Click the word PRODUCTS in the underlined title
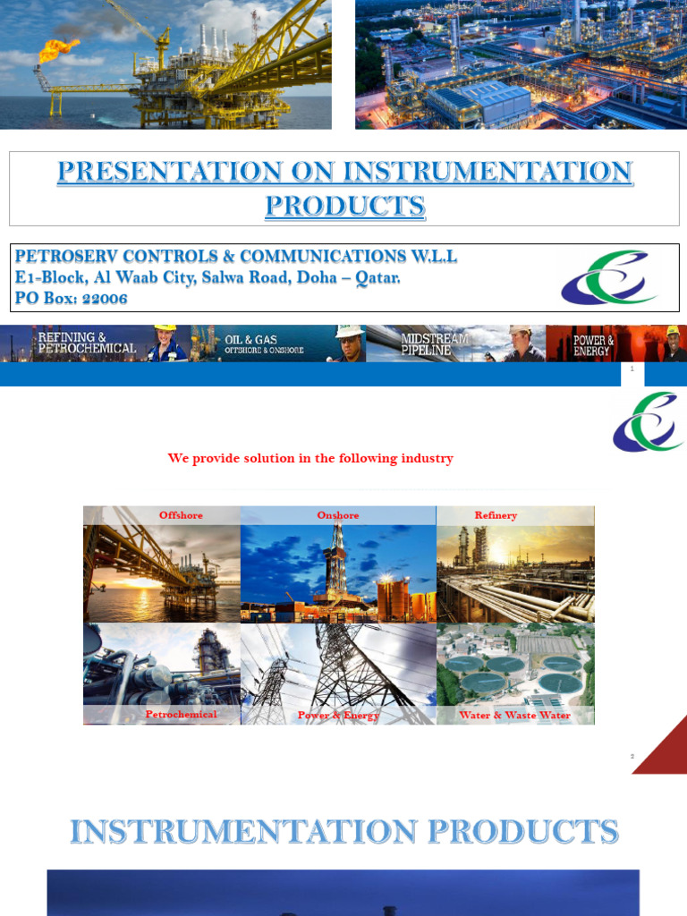344,206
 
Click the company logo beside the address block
607,278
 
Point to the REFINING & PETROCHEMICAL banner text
87,343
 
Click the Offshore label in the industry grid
181,515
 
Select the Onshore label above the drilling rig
338,515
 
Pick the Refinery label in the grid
496,515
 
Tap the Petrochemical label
181,714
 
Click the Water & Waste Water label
514,715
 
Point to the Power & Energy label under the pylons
338,715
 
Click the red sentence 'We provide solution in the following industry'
310,458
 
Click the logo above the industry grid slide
648,423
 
